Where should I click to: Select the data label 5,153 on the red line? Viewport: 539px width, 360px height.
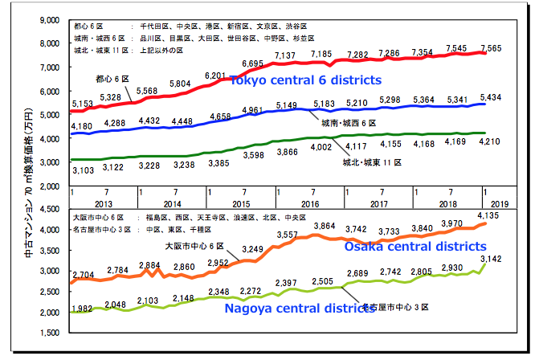(x=83, y=104)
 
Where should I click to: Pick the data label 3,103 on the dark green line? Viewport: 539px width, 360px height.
(x=83, y=170)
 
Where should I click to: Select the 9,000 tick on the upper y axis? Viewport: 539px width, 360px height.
(x=50, y=18)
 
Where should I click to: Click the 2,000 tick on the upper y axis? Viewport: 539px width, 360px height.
(x=50, y=186)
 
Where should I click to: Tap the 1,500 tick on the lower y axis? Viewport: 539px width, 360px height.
(x=50, y=333)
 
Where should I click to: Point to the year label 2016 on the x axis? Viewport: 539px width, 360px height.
(x=310, y=204)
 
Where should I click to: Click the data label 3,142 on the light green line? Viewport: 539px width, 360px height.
(x=492, y=258)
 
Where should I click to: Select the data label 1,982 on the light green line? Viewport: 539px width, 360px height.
(x=83, y=309)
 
